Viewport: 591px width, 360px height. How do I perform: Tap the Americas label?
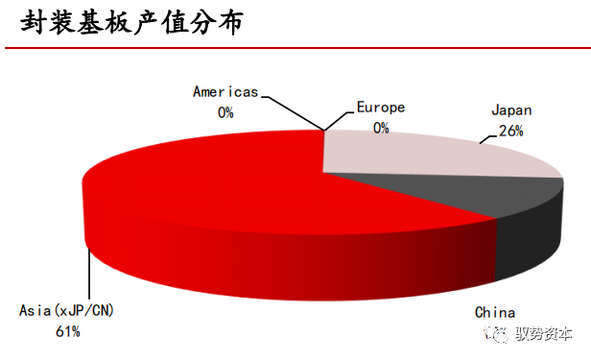[x=225, y=92]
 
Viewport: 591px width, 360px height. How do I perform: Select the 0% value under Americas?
[x=225, y=111]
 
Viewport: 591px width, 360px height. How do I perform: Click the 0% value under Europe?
[x=381, y=127]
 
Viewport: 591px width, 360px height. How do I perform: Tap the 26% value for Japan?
[x=510, y=131]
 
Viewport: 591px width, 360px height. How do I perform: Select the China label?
[x=495, y=313]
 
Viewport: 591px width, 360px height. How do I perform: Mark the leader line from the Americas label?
[x=293, y=110]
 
